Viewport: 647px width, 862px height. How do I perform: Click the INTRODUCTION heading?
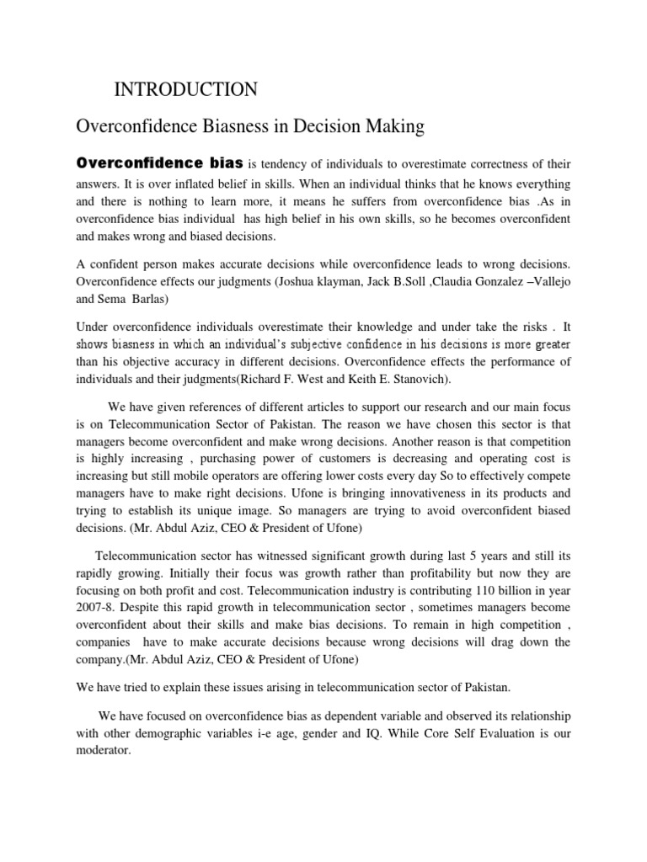184,89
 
